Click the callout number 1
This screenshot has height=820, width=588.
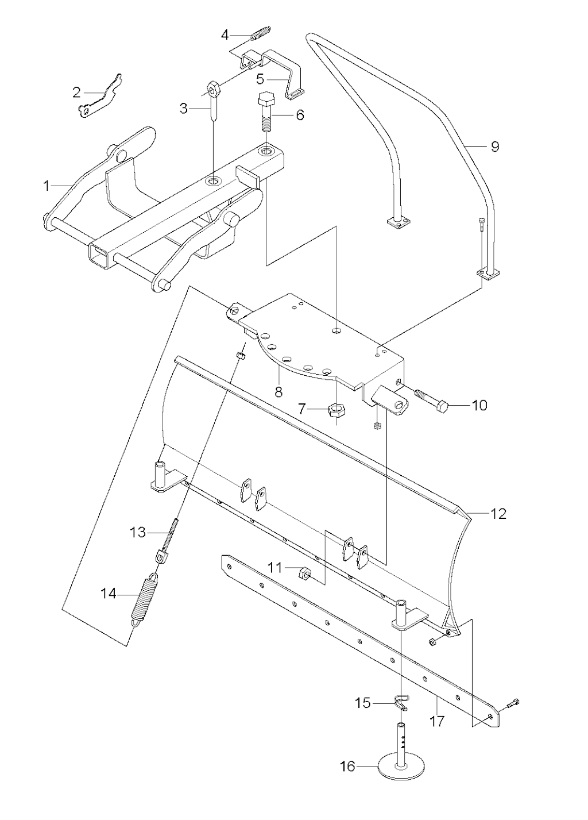click(46, 186)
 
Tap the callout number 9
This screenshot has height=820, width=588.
click(495, 147)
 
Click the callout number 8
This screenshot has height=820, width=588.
click(278, 392)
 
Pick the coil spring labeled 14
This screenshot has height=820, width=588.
click(145, 599)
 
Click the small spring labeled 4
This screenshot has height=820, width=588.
click(261, 33)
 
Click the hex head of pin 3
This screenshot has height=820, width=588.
click(213, 88)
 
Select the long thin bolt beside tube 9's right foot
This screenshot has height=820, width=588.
click(481, 244)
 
